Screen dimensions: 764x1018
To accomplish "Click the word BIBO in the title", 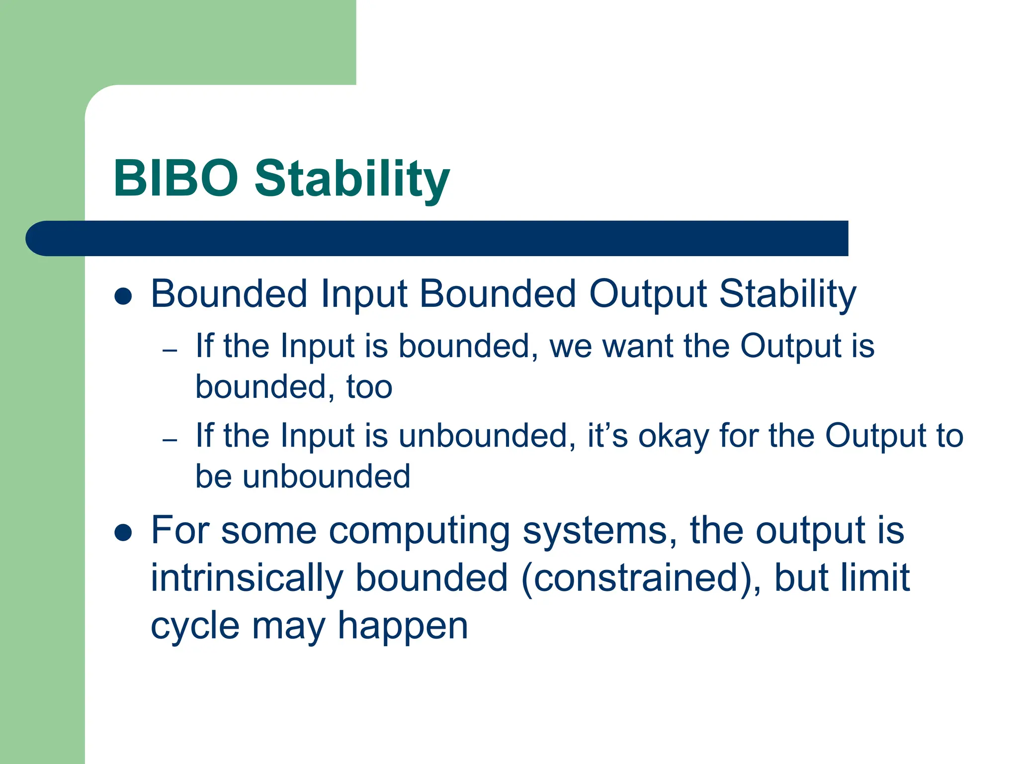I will [176, 178].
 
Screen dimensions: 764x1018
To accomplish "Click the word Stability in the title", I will [352, 179].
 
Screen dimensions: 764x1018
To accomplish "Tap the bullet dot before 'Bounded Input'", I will [123, 296].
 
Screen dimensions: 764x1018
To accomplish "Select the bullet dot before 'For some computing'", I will [123, 533].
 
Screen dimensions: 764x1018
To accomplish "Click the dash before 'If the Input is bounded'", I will [170, 351].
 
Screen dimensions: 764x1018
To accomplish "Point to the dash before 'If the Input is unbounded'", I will [170, 440].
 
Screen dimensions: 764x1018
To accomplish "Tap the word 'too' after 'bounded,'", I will [369, 387].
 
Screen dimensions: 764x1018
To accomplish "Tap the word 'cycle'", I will [195, 627].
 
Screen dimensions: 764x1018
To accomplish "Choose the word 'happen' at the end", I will [403, 627].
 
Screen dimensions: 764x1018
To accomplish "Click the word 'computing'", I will [420, 531].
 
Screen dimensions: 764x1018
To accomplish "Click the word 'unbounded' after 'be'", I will [327, 477].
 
